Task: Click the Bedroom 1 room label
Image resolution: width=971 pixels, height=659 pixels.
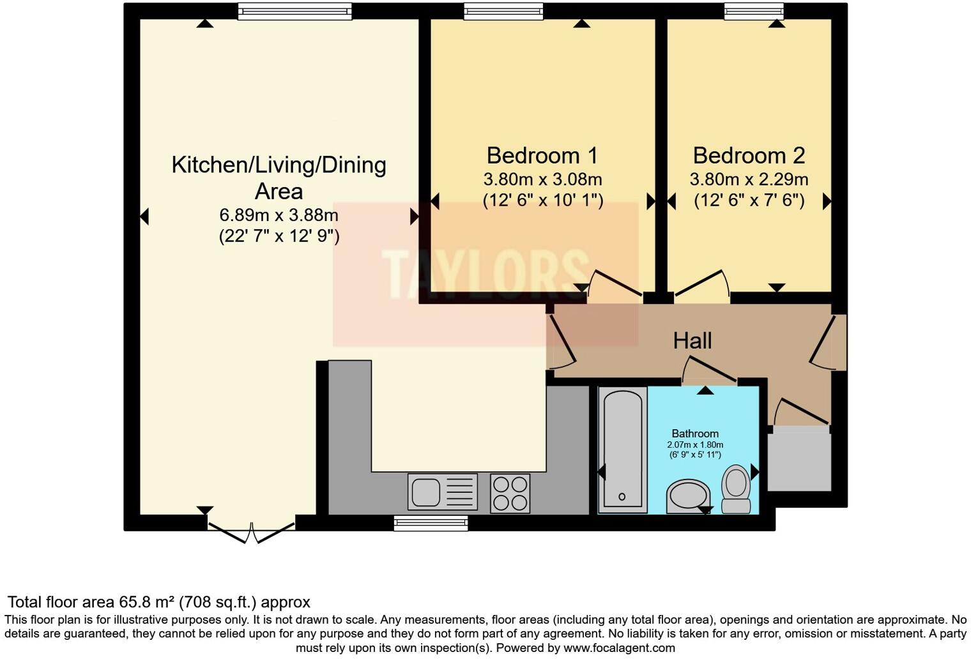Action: coord(542,156)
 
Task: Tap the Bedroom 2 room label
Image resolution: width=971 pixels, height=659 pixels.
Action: coord(749,156)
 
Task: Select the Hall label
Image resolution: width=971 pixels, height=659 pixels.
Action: coord(692,341)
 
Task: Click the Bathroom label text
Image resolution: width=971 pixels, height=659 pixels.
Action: coord(695,434)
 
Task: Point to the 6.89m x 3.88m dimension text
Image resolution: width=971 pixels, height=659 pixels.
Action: coord(279,215)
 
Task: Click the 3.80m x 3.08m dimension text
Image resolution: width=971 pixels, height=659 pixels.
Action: coord(542,179)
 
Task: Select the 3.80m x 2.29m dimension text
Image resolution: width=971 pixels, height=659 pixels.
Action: coord(749,179)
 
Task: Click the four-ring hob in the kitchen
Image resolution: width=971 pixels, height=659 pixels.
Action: coord(510,493)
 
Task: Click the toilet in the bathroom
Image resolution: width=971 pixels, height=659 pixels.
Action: coord(736,489)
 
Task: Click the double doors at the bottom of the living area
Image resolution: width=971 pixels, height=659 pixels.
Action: coord(251,531)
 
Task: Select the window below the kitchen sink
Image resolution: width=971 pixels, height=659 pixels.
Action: coord(431,524)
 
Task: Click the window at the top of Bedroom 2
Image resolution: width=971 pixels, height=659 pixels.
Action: coord(754,10)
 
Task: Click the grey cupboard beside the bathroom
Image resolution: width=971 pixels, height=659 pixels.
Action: coord(799,459)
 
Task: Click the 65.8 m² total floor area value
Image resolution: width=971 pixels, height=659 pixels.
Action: coord(147,602)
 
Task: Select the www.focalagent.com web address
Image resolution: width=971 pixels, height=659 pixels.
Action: coord(619,648)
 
